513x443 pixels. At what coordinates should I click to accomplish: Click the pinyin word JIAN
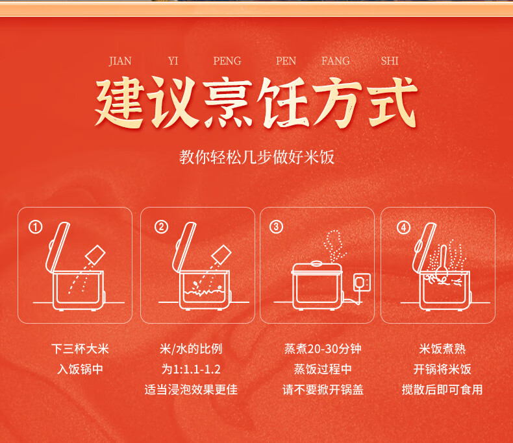[x=120, y=61]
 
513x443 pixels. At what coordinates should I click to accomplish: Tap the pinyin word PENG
[x=227, y=61]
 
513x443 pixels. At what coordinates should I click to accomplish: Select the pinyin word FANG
[x=335, y=61]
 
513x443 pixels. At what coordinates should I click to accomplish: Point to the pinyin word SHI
[x=390, y=61]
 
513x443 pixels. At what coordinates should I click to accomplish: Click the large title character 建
[x=119, y=102]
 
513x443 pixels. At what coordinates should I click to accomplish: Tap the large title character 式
[x=393, y=102]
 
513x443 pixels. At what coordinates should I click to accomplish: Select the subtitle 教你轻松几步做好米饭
[x=256, y=157]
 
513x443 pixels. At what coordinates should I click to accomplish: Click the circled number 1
[x=35, y=227]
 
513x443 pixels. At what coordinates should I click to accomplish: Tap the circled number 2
[x=161, y=227]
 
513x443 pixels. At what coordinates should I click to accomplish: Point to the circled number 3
[x=276, y=227]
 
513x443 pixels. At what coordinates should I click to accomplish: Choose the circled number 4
[x=403, y=228]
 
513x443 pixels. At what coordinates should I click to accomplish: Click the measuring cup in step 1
[x=95, y=254]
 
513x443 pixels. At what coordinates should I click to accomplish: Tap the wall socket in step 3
[x=362, y=282]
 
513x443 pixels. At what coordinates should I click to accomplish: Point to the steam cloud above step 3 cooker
[x=334, y=245]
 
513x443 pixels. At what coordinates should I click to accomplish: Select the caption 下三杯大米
[x=80, y=349]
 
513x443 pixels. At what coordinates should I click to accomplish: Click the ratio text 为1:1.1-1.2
[x=191, y=369]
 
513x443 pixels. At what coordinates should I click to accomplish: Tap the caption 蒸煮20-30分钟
[x=323, y=349]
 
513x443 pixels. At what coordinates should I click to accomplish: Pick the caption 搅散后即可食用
[x=442, y=389]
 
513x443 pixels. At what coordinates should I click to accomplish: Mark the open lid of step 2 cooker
[x=184, y=247]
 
